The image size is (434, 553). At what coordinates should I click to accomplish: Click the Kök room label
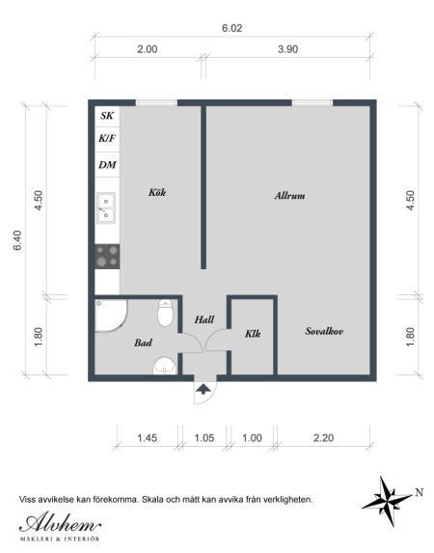tap(157, 192)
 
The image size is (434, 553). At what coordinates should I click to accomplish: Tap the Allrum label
tap(289, 196)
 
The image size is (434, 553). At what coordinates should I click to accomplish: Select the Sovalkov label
tap(325, 331)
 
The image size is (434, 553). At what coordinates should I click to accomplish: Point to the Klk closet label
tap(254, 335)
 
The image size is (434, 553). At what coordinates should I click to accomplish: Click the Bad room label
tap(143, 342)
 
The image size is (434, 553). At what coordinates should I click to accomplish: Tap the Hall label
tap(203, 319)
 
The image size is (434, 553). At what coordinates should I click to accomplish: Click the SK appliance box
tap(107, 116)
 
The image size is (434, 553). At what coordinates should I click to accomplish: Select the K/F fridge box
tap(107, 139)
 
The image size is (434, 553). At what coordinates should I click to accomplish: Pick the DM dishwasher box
tap(107, 165)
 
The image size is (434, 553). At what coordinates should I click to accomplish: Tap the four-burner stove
tap(107, 256)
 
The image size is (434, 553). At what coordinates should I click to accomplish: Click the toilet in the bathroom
tap(165, 313)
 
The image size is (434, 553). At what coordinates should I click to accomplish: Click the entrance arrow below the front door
tap(204, 389)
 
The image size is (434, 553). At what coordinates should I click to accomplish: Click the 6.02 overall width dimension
tap(231, 29)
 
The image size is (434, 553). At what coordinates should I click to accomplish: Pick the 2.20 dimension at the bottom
tap(324, 437)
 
